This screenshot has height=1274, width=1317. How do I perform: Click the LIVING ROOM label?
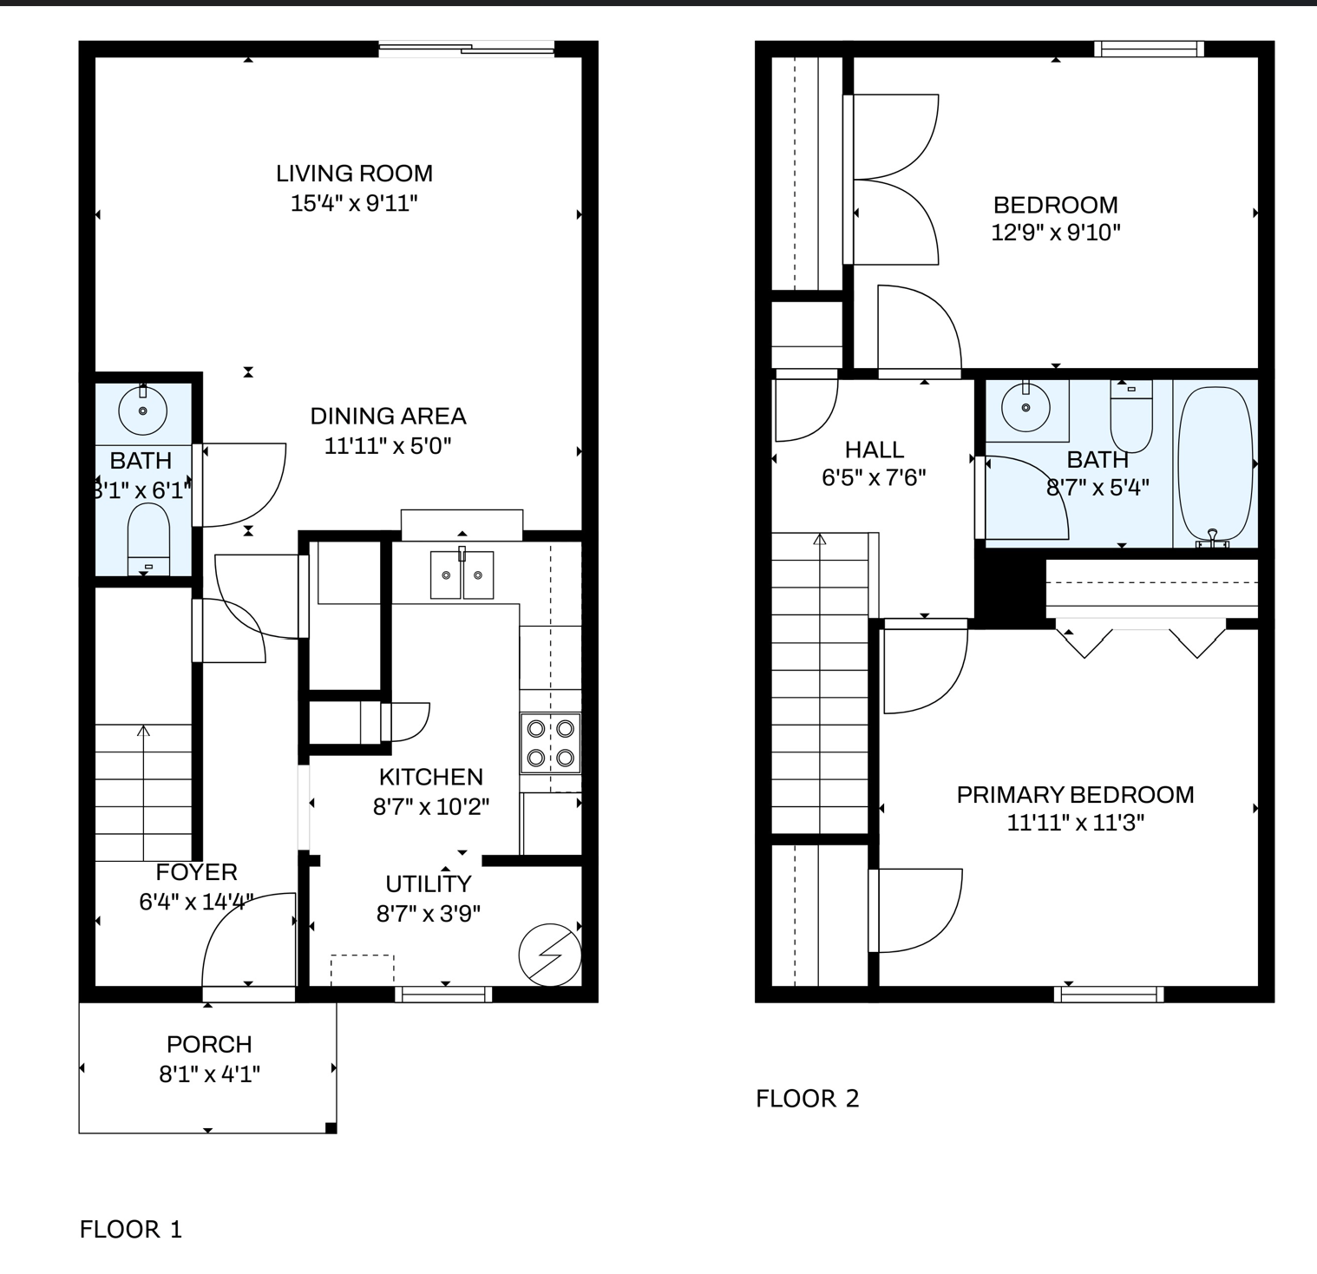[354, 174]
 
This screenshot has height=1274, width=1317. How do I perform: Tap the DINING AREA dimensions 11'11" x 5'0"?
[388, 446]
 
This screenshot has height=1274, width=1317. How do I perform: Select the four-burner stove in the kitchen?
[551, 743]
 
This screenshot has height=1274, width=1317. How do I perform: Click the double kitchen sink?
[462, 575]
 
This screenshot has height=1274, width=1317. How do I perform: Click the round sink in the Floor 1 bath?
[142, 410]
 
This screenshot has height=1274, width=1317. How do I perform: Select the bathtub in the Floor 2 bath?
[1215, 465]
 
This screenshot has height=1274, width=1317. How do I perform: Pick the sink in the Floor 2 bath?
[1025, 406]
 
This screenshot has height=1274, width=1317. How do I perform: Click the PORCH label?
[209, 1044]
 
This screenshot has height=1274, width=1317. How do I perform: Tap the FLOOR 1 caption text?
[131, 1229]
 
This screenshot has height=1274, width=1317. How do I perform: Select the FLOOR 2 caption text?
[807, 1099]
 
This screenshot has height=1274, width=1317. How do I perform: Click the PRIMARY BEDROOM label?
[1075, 795]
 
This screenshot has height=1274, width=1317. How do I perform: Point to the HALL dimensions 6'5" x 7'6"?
[874, 477]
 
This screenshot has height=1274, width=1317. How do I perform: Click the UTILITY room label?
[429, 883]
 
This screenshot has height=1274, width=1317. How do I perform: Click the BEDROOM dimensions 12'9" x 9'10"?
[1055, 233]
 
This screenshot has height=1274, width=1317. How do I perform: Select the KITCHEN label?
[431, 777]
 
